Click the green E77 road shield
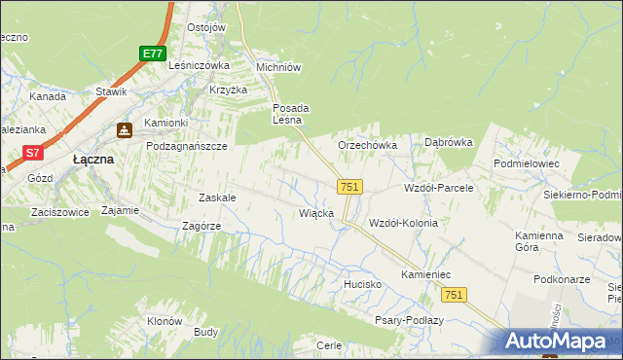[x=151, y=54]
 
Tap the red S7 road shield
[x=33, y=153]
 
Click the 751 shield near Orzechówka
[x=349, y=187]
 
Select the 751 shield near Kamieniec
[x=453, y=294]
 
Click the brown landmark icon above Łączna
[x=125, y=129]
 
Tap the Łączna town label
[x=94, y=159]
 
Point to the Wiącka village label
[x=316, y=213]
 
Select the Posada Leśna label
[x=291, y=114]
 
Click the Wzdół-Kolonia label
[x=403, y=223]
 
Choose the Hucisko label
[x=360, y=284]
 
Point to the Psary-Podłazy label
[x=409, y=320]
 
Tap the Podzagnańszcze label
[x=186, y=145]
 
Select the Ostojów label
[x=205, y=27]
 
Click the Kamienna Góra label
[x=539, y=241]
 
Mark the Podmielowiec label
[x=527, y=164]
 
